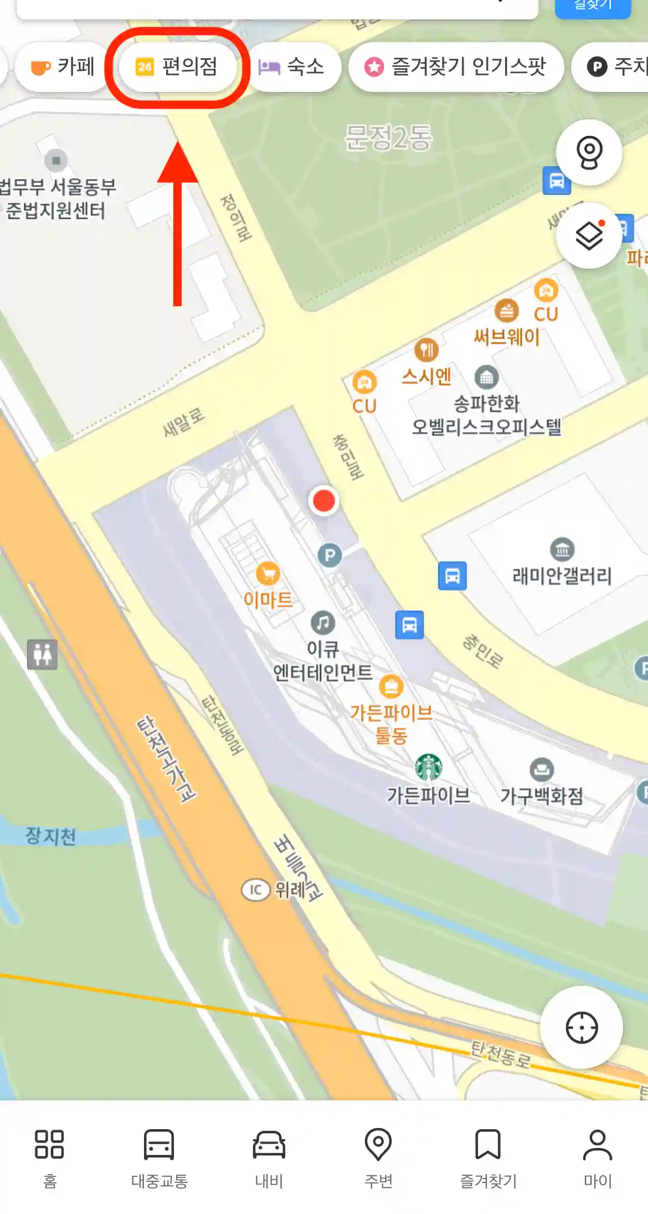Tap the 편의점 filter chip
(x=177, y=67)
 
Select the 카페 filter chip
(x=62, y=67)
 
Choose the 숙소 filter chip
(x=292, y=67)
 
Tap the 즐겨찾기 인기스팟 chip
(x=455, y=67)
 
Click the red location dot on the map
(x=324, y=500)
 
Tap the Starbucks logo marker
(x=429, y=767)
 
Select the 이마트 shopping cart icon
(x=268, y=574)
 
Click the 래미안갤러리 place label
(x=562, y=576)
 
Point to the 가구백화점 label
(x=542, y=796)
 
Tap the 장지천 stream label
(x=50, y=836)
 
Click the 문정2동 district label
(x=388, y=137)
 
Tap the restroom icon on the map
(x=42, y=654)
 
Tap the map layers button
(x=589, y=237)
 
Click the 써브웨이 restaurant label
(x=506, y=336)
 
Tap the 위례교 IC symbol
(x=255, y=890)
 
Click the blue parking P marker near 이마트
(x=330, y=555)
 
